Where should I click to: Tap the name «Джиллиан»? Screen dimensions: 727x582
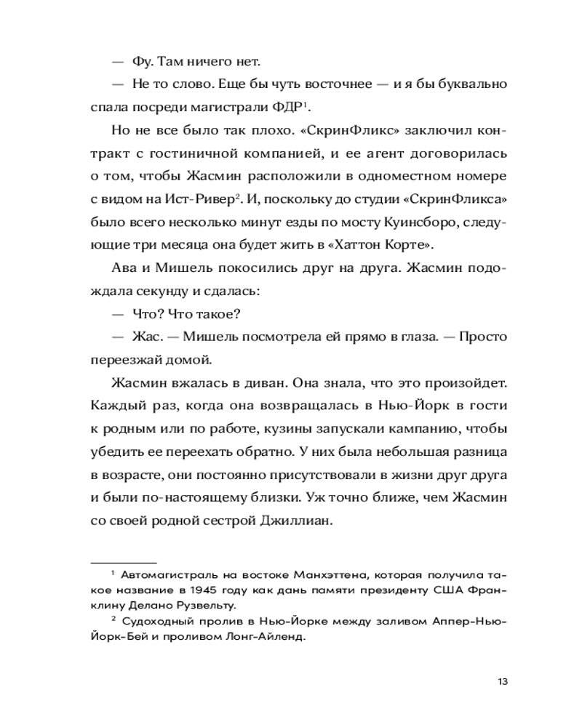point(294,520)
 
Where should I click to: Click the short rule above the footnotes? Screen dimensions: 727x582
point(124,563)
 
